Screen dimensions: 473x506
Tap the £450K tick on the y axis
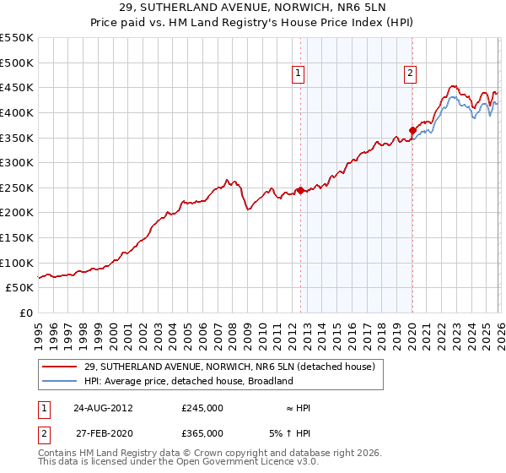pyautogui.click(x=16, y=87)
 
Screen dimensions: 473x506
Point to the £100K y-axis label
pyautogui.click(x=16, y=263)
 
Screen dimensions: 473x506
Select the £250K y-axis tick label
pyautogui.click(x=16, y=188)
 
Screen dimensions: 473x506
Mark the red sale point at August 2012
pyautogui.click(x=300, y=190)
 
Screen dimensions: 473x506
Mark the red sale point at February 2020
pyautogui.click(x=412, y=130)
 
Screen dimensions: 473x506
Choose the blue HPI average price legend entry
pyautogui.click(x=188, y=381)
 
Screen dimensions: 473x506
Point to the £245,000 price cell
pyautogui.click(x=202, y=407)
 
